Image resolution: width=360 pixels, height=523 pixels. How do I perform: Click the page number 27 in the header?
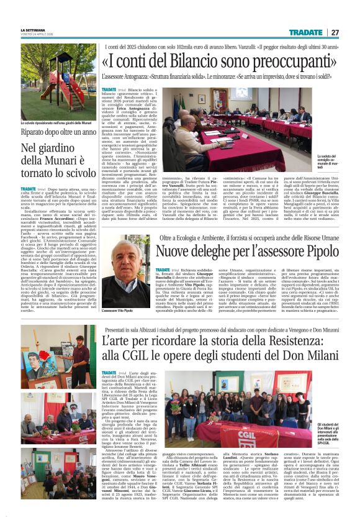335,32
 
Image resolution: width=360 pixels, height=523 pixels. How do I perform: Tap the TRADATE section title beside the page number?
306,32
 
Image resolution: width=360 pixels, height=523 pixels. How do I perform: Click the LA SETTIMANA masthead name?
32,29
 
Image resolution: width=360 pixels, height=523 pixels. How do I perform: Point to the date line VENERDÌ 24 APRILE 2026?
33,35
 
